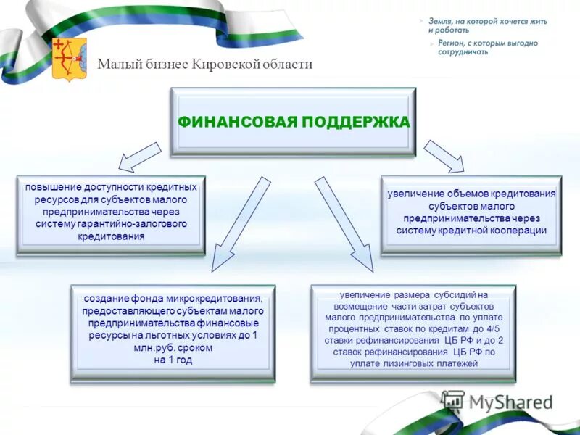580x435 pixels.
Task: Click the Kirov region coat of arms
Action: point(70,59)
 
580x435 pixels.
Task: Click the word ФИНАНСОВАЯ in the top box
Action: point(237,122)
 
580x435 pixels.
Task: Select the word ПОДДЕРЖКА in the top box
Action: point(355,122)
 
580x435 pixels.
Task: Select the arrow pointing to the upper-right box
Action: point(443,155)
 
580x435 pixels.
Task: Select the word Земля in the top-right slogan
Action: point(441,22)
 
